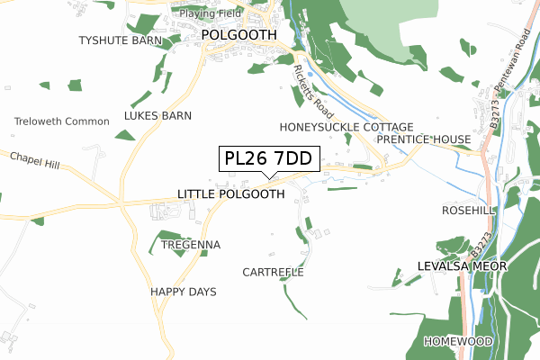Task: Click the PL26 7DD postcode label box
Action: pos(268,159)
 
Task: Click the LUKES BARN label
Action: pos(157,116)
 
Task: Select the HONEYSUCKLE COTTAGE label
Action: pos(346,127)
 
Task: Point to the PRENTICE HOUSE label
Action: pos(424,139)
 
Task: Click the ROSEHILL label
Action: pos(469,210)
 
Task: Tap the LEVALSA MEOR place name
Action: pos(463,266)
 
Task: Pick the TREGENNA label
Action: pos(190,245)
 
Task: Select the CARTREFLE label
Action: pos(274,272)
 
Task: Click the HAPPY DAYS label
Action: pos(184,292)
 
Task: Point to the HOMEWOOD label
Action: pos(459,342)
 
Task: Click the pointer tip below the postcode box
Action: pos(268,177)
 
